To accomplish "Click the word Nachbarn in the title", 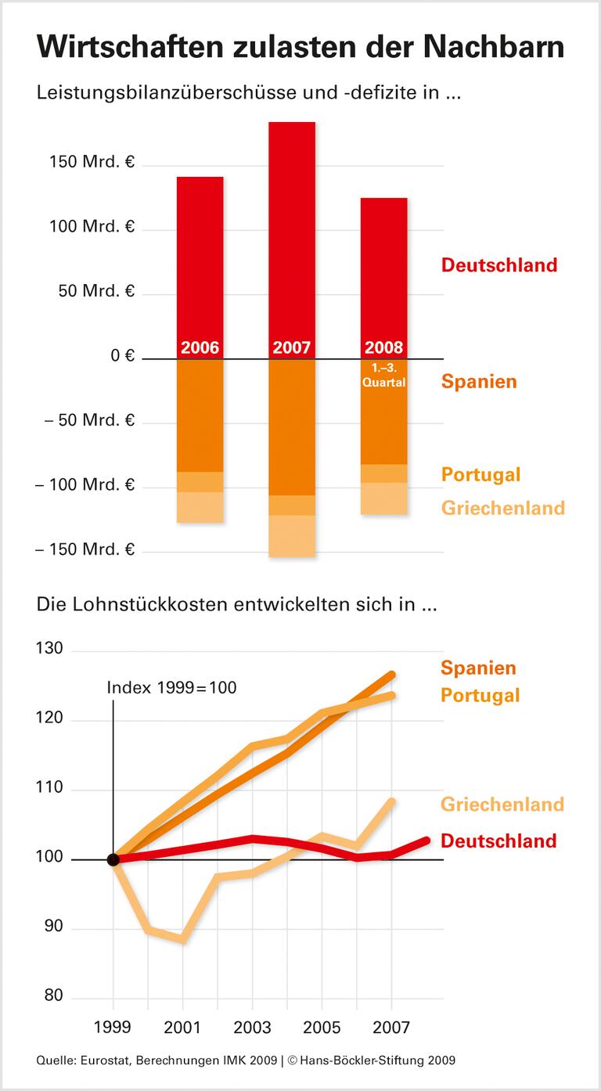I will pyautogui.click(x=486, y=48).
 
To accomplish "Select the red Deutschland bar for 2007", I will pyautogui.click(x=292, y=235).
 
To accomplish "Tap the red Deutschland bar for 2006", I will pyautogui.click(x=200, y=258).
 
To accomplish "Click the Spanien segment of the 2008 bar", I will pyautogui.click(x=383, y=423).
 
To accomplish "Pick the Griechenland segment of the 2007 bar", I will pyautogui.click(x=292, y=536).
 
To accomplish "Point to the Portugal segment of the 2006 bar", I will pyautogui.click(x=200, y=482).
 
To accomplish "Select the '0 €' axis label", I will pyautogui.click(x=122, y=356).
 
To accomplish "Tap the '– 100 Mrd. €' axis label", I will pyautogui.click(x=85, y=485).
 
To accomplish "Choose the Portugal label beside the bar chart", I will pyautogui.click(x=480, y=474).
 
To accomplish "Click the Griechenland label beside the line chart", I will pyautogui.click(x=502, y=804).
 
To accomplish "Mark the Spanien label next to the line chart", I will pyautogui.click(x=478, y=668).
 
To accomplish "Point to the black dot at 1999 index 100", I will pyautogui.click(x=113, y=859).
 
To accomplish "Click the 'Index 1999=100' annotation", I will pyautogui.click(x=171, y=688).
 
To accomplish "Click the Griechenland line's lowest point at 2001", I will pyautogui.click(x=183, y=938).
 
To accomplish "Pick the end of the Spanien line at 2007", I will pyautogui.click(x=392, y=674).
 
